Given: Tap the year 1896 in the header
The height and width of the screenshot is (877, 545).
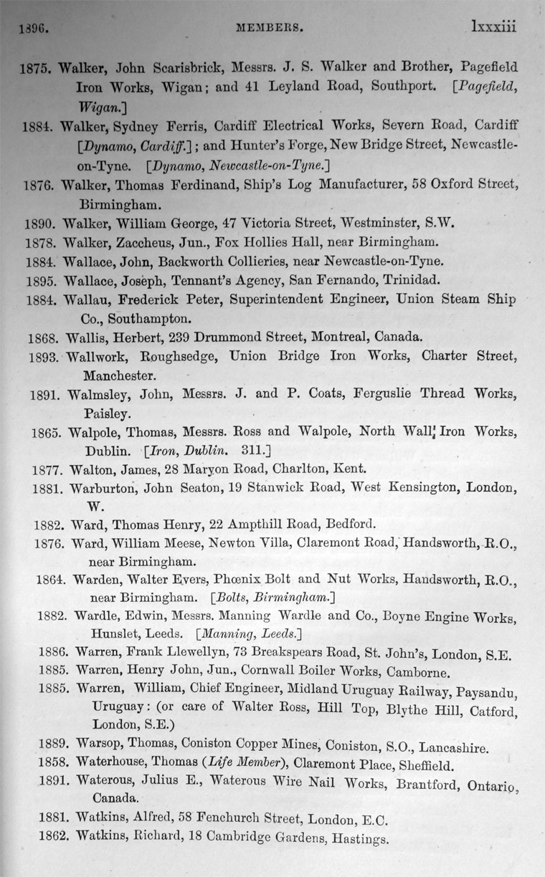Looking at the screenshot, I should click(x=32, y=29).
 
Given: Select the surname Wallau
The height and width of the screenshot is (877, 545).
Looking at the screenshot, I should click(x=86, y=299).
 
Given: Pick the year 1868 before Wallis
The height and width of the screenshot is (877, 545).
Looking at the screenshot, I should click(x=44, y=337).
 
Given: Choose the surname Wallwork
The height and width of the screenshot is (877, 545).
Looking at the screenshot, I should click(x=100, y=355).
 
